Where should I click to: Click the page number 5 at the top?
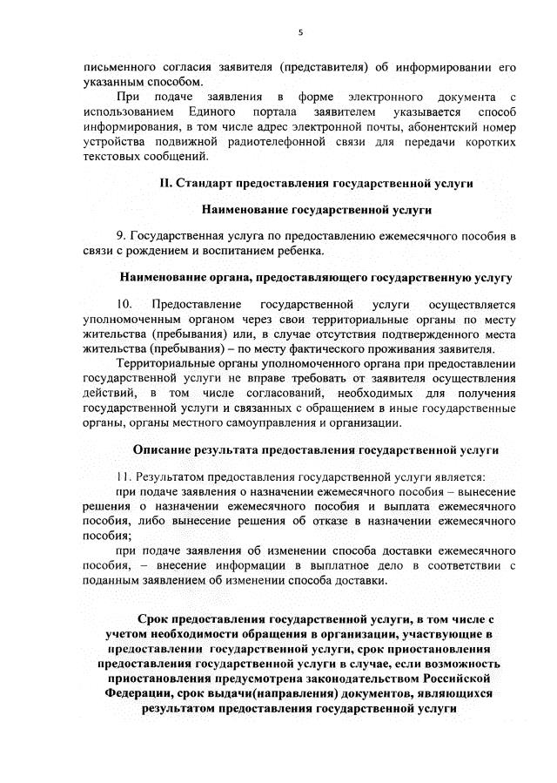(299, 32)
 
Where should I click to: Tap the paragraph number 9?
(119, 235)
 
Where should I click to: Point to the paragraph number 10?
(124, 304)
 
